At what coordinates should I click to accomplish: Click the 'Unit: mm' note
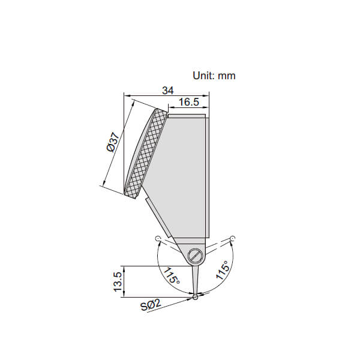pos(214,76)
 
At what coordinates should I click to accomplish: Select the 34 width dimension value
pos(168,91)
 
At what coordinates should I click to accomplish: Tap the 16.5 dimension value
pos(189,102)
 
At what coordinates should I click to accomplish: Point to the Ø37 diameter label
pos(113,142)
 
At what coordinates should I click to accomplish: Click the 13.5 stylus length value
pos(118,282)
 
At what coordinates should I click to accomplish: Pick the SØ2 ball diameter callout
pos(151,305)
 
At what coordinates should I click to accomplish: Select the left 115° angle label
pos(172,275)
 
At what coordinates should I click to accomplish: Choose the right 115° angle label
pos(222,270)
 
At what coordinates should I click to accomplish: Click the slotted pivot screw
pos(195,256)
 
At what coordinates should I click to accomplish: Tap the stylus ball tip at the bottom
pos(196,298)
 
